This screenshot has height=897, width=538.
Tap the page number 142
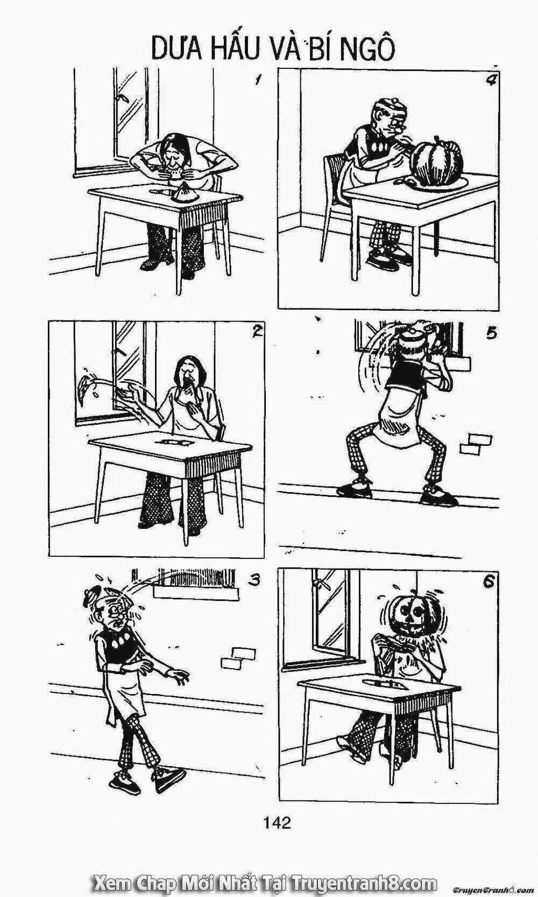pyautogui.click(x=278, y=837)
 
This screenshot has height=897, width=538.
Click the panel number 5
pyautogui.click(x=490, y=333)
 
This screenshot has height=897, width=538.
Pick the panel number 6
pyautogui.click(x=489, y=583)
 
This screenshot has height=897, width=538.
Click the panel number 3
pyautogui.click(x=254, y=580)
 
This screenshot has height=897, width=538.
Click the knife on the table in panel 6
pyautogui.click(x=384, y=683)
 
